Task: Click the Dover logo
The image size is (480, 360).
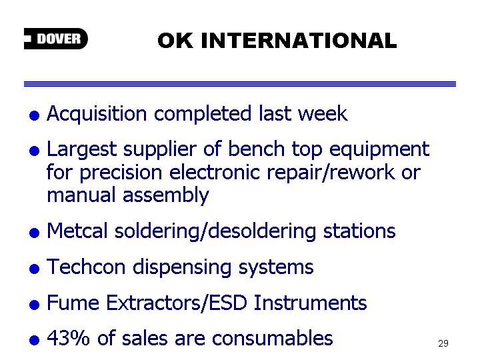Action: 56,39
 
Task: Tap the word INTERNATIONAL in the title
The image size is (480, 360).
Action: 299,41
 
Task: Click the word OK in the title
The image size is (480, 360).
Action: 175,41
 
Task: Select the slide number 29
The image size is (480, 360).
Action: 443,343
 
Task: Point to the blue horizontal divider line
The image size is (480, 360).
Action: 240,84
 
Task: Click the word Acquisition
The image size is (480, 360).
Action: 97,114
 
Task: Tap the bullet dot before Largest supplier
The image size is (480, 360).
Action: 34,151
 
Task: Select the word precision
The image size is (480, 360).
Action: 121,173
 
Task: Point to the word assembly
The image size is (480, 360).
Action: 166,196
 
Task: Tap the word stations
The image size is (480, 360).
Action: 359,231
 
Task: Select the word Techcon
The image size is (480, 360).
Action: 86,267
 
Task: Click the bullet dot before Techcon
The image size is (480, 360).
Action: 34,269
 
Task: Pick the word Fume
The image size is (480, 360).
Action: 73,303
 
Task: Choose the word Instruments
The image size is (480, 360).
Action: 310,303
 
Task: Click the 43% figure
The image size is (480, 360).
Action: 68,338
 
